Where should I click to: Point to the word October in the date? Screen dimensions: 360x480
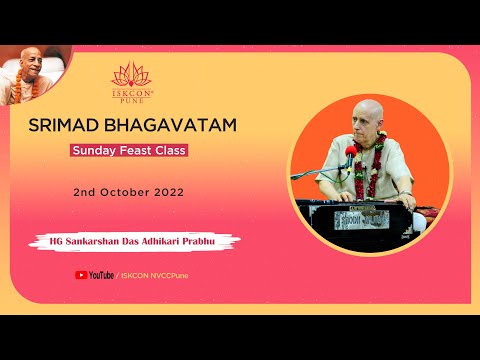click(x=121, y=190)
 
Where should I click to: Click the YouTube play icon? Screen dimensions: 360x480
click(x=81, y=274)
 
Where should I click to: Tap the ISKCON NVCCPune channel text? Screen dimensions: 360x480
click(x=151, y=274)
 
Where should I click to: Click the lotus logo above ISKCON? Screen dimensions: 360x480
click(x=131, y=74)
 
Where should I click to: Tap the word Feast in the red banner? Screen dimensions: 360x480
click(x=128, y=152)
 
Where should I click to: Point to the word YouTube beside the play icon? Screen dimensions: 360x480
click(x=101, y=274)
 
